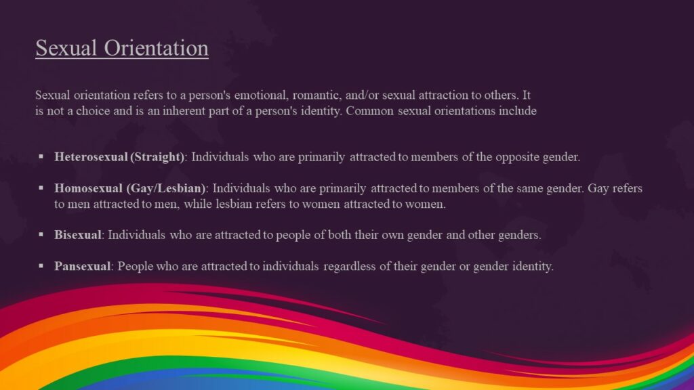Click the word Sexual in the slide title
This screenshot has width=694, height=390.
(x=60, y=49)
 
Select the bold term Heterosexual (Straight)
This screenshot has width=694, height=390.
(x=119, y=157)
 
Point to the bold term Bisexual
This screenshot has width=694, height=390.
(x=78, y=235)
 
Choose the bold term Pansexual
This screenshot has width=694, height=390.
(x=82, y=266)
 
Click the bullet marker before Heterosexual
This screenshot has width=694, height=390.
(x=41, y=157)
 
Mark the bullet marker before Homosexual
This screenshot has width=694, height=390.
(x=41, y=188)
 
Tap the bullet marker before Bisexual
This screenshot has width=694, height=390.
(x=41, y=235)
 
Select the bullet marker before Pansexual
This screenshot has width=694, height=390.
(x=41, y=266)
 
